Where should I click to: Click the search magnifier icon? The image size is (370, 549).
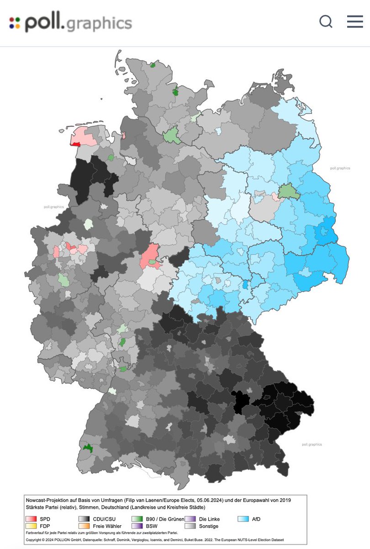coord(326,22)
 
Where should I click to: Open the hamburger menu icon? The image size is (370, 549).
coord(355,22)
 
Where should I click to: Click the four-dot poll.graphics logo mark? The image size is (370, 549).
coord(15,23)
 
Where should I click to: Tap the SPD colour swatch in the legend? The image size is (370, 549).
coord(31,519)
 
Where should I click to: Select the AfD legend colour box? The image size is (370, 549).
coord(244,519)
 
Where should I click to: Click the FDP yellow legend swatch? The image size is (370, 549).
coord(31,526)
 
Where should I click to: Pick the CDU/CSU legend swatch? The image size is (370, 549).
coord(84,519)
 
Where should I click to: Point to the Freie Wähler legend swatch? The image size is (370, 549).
coord(84,526)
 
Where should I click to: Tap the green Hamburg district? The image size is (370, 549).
coord(171,136)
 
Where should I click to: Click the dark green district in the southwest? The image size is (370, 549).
coord(87,448)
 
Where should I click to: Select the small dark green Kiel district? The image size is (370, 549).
coord(175,91)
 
